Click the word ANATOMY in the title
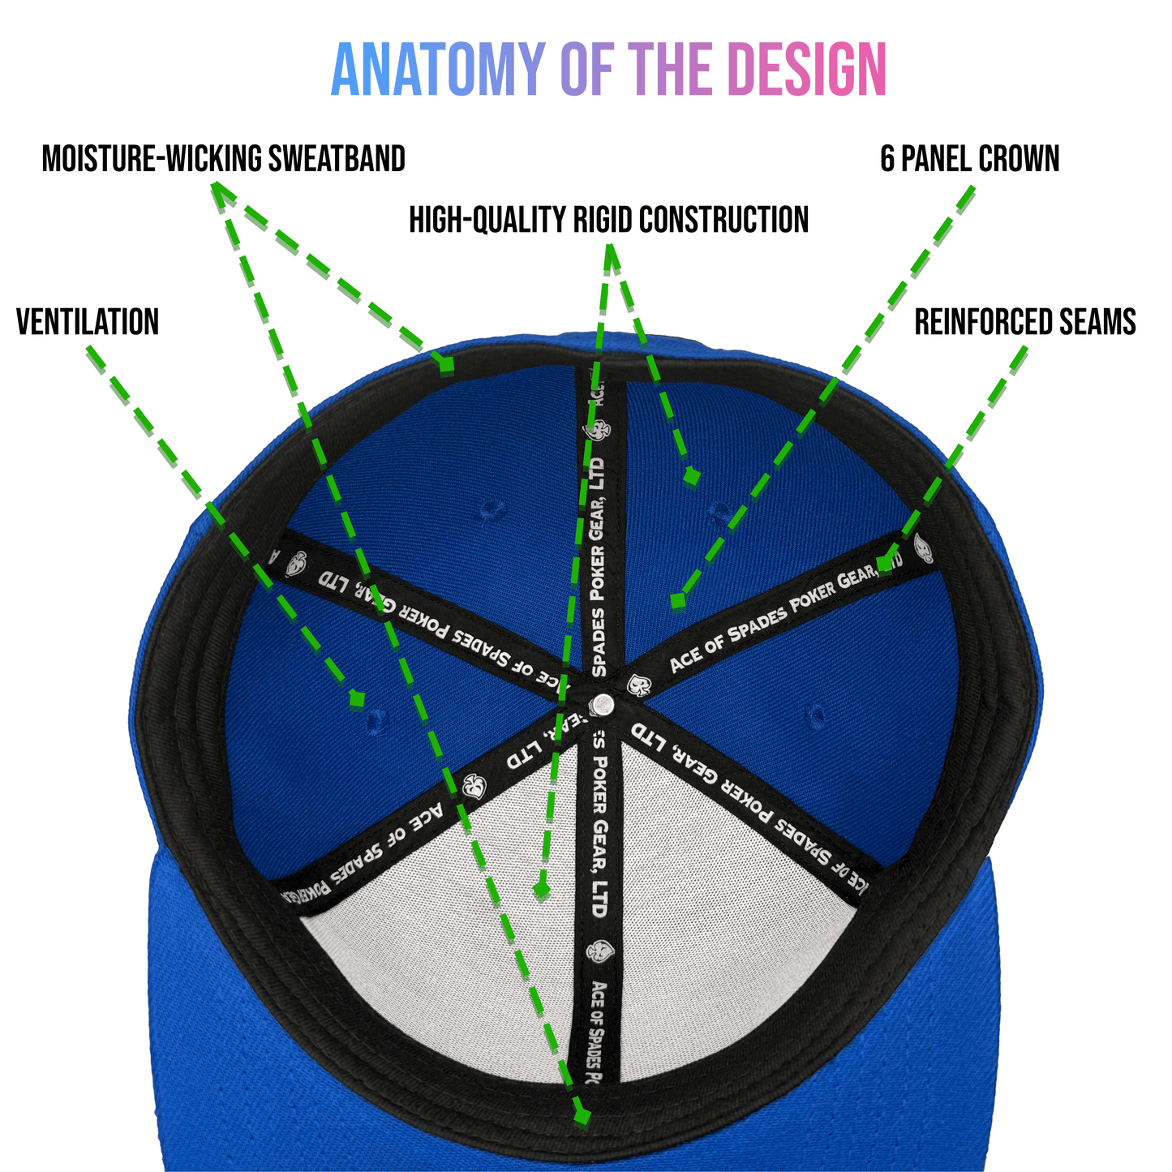[437, 70]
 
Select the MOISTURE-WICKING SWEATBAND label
[223, 159]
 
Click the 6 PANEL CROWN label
[970, 159]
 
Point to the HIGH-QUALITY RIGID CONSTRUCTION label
[608, 220]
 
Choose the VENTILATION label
[88, 322]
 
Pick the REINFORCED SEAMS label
[1025, 322]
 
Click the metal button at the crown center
[602, 704]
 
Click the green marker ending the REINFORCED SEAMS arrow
[885, 565]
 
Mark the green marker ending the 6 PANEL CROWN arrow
[677, 601]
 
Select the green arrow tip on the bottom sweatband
[582, 1115]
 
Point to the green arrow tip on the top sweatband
[445, 364]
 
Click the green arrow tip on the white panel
[541, 891]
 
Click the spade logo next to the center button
[637, 685]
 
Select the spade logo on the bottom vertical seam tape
[599, 951]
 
